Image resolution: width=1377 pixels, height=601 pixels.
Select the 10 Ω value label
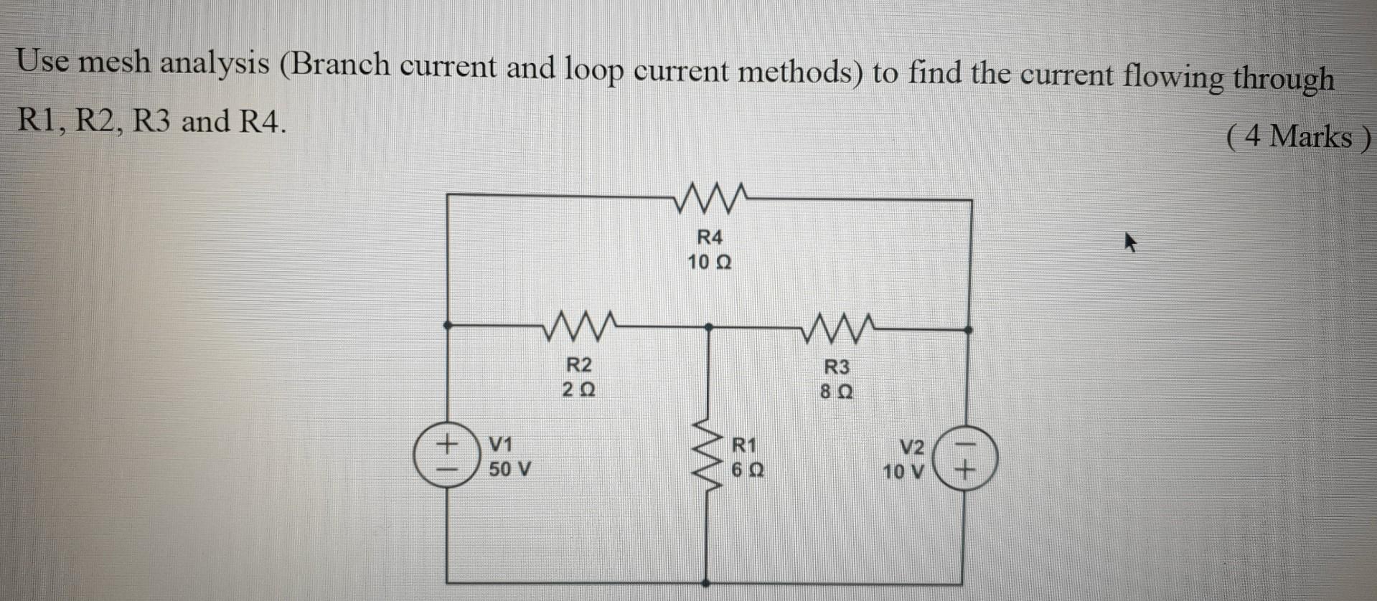click(x=710, y=262)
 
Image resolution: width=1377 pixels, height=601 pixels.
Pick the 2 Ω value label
click(x=579, y=391)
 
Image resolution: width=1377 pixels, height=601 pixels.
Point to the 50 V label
click(x=509, y=470)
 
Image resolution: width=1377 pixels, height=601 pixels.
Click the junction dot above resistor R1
click(x=708, y=327)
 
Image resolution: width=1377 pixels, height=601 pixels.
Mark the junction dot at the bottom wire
click(x=708, y=583)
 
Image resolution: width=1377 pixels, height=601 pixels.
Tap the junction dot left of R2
click(x=447, y=325)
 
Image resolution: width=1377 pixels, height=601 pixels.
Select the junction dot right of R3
click(x=967, y=330)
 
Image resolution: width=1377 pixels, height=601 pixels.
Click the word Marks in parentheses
click(x=1310, y=136)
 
